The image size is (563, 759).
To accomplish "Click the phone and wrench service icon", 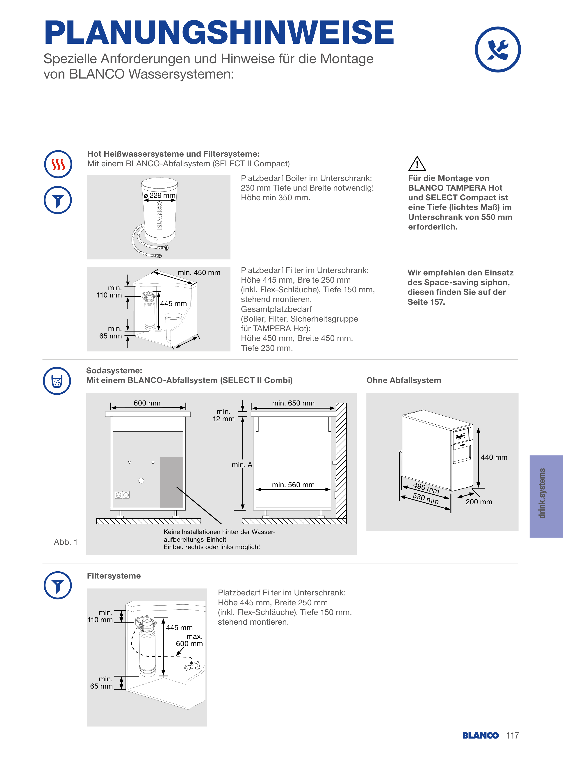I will (x=498, y=50).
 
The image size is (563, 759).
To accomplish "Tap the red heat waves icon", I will (x=58, y=164).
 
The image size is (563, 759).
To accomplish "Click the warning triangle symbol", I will (x=417, y=164).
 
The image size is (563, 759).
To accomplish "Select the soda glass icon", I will (x=57, y=381).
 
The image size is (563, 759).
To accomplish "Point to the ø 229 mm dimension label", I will (x=160, y=195).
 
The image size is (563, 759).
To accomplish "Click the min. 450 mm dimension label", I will (x=199, y=273).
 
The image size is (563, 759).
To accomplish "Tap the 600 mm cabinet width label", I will (x=147, y=403).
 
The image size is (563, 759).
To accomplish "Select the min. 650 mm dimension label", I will (x=293, y=403).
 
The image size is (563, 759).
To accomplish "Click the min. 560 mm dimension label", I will (x=293, y=485).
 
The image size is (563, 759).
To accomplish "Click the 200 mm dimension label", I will (x=479, y=502).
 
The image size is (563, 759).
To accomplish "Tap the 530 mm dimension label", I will (x=425, y=499).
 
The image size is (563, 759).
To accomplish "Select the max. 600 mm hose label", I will (x=189, y=640).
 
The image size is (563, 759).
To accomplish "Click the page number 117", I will (x=512, y=736).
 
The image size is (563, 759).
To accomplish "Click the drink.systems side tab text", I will (x=542, y=493).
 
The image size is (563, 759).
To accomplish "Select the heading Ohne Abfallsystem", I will (x=403, y=380).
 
